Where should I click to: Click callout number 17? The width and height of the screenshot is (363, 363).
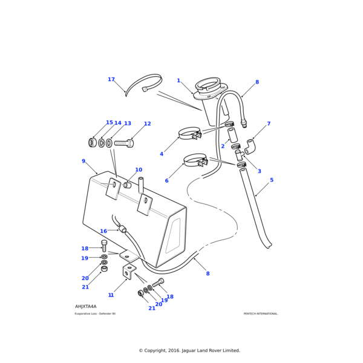pos(111,79)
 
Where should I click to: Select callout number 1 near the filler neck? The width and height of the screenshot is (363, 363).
pos(178,80)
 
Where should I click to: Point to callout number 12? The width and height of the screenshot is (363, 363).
pos(147,124)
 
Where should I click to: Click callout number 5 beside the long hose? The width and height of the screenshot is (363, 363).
pos(272,180)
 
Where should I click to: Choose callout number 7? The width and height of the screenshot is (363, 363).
pos(269,124)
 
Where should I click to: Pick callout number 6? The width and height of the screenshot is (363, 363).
pos(167,180)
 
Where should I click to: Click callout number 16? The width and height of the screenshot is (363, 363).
pos(103,231)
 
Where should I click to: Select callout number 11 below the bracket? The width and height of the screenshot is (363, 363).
pos(111,295)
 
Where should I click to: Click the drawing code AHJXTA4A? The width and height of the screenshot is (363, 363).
pos(86,307)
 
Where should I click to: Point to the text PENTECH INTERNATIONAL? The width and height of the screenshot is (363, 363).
pos(261,314)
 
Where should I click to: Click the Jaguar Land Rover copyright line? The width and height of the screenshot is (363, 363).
pos(189,350)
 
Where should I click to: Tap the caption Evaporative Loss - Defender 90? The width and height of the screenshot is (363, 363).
pos(95,314)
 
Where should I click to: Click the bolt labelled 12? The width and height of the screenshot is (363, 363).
pos(123,143)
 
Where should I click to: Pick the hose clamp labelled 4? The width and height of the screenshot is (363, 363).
pos(189,132)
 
